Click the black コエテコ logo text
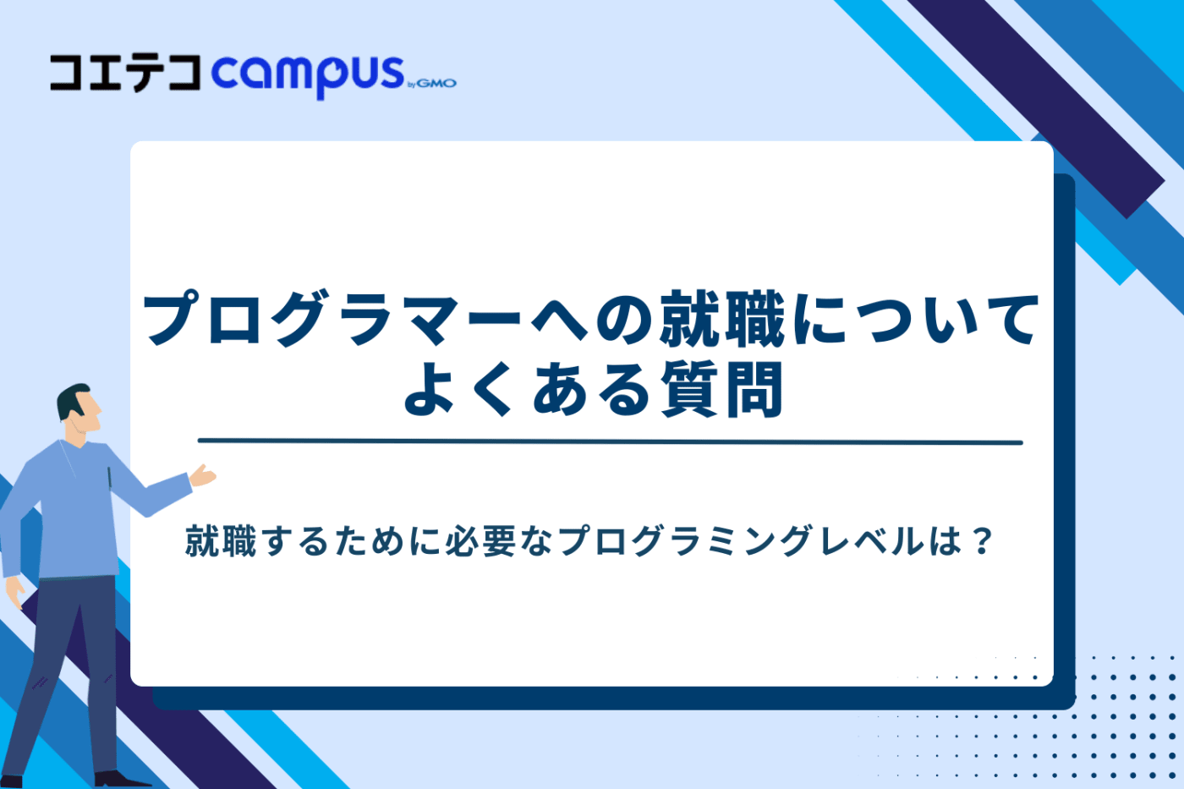[x=125, y=73]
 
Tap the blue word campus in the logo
[x=307, y=74]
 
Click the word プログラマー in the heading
[x=332, y=320]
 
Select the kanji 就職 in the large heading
[x=722, y=320]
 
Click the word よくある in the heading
[x=525, y=391]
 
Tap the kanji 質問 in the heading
[x=721, y=391]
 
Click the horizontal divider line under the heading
[x=609, y=441]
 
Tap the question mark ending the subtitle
[x=981, y=541]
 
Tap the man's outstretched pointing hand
[x=203, y=475]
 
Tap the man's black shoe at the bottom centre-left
[x=118, y=779]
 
